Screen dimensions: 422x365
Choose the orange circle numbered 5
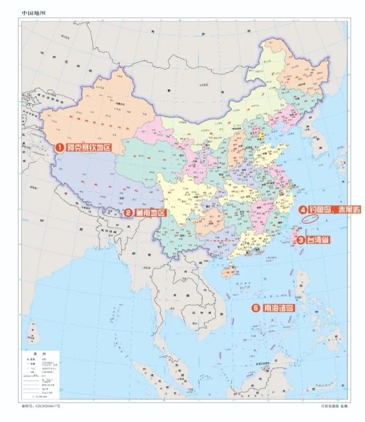[x=256, y=308]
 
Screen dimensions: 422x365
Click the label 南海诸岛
[x=279, y=308]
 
